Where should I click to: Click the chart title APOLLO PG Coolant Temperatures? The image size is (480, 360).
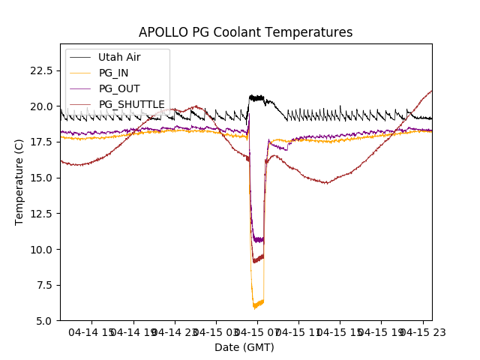(x=245, y=32)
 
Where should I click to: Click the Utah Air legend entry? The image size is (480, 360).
(x=118, y=57)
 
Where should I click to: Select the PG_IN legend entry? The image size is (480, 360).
(x=113, y=73)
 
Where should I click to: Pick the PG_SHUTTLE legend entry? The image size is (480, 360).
(x=131, y=104)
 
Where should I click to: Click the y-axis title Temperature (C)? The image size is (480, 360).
(x=19, y=181)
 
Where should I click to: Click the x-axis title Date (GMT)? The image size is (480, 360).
(x=244, y=347)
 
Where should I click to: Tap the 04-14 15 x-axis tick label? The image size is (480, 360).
(x=91, y=331)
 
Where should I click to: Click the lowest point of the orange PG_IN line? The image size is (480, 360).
(x=254, y=307)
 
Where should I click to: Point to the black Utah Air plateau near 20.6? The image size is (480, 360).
(x=257, y=97)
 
